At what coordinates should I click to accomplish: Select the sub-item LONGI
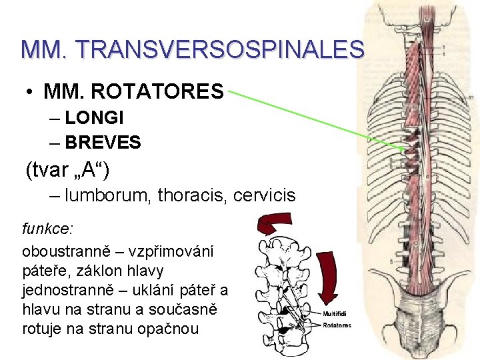(95, 119)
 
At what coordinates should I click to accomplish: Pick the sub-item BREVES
(103, 142)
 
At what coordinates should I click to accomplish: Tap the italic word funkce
(47, 229)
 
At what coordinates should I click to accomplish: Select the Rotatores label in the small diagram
(337, 325)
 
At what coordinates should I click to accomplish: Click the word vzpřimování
(179, 253)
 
